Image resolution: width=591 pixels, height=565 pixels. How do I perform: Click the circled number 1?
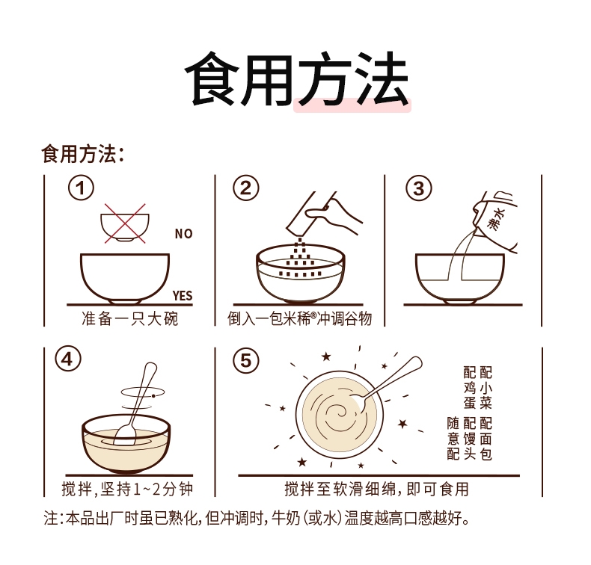pyautogui.click(x=81, y=188)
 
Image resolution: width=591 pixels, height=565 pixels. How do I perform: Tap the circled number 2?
pyautogui.click(x=245, y=188)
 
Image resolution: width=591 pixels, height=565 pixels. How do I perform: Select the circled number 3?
pyautogui.click(x=419, y=188)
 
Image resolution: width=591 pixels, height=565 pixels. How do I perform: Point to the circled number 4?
pyautogui.click(x=68, y=359)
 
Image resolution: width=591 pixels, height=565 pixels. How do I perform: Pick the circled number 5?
pyautogui.click(x=245, y=360)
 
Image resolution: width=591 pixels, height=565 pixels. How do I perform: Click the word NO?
pyautogui.click(x=183, y=234)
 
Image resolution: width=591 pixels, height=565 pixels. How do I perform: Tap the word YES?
pyautogui.click(x=183, y=295)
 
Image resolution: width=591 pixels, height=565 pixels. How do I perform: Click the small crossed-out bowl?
pyautogui.click(x=125, y=225)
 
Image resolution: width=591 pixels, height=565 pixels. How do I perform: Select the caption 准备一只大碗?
pyautogui.click(x=129, y=318)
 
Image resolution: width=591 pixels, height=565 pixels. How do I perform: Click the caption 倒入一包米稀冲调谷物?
pyautogui.click(x=300, y=318)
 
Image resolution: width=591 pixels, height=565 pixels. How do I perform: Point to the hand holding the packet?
pyautogui.click(x=334, y=213)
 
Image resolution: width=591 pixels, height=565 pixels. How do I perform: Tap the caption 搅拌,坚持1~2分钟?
pyautogui.click(x=127, y=489)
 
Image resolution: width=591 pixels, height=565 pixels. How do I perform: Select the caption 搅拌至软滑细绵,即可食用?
pyautogui.click(x=376, y=489)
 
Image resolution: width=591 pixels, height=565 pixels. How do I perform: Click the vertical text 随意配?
pyautogui.click(x=453, y=439)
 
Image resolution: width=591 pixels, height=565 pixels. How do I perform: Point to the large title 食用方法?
pyautogui.click(x=297, y=79)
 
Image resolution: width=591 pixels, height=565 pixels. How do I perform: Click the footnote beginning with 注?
pyautogui.click(x=257, y=519)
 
